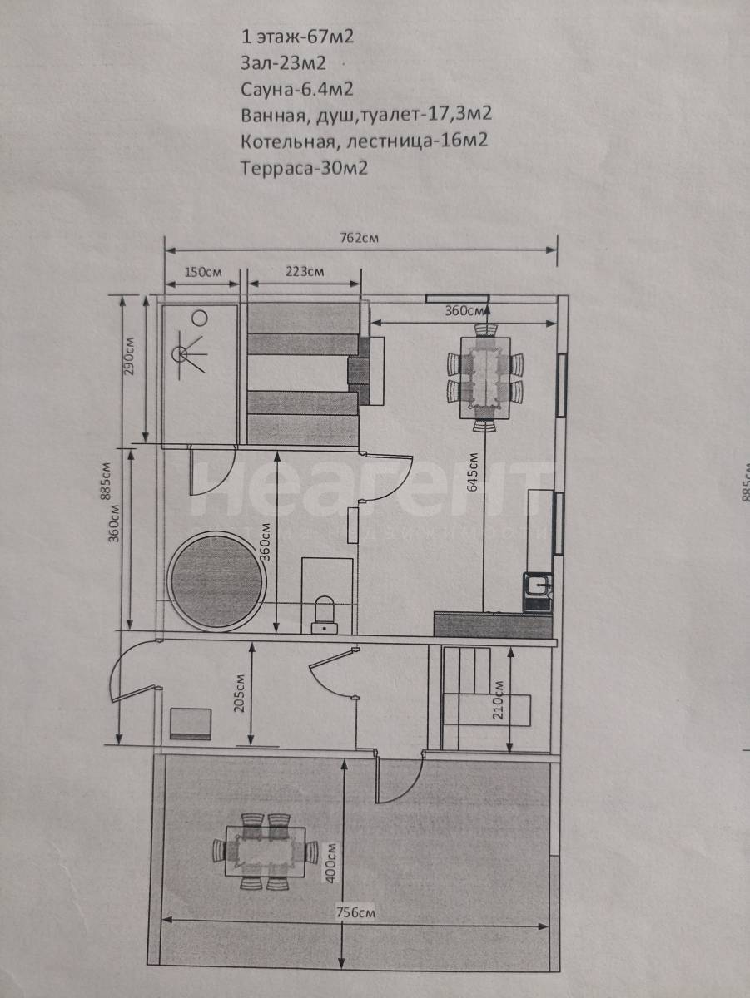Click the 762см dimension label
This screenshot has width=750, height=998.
coord(360,237)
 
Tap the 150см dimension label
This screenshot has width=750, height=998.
coord(203,272)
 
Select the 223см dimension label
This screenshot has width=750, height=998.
coord(305,272)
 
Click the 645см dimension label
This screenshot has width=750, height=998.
coord(472,472)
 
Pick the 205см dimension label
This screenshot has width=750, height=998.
coord(241,693)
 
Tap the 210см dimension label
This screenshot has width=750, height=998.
coord(499,699)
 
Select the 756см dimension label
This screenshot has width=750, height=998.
coord(356,900)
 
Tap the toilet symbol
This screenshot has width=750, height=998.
coord(325,615)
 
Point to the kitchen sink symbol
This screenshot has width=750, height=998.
coord(538,585)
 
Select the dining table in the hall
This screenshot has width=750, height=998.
coord(485,378)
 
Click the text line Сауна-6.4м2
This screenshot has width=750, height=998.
coord(296,89)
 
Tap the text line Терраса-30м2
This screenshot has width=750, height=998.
coord(304,168)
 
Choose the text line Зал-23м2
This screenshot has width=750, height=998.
coord(283,63)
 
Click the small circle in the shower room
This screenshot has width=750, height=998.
coord(200,318)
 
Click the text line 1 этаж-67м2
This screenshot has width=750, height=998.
coord(297,37)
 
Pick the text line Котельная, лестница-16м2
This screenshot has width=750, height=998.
coord(364,141)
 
